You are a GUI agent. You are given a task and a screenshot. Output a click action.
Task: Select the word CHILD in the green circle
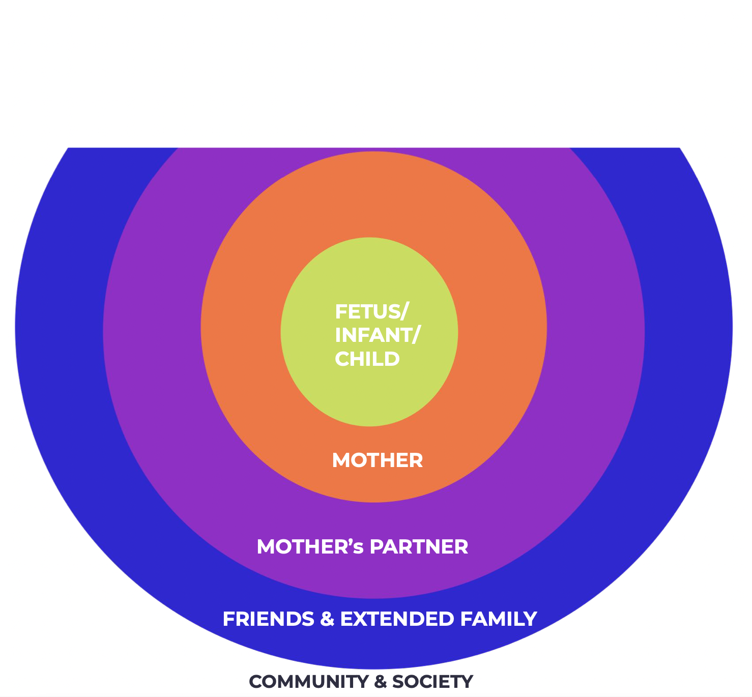coord(367,359)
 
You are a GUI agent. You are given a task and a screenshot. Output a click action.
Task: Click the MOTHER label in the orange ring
coord(377,460)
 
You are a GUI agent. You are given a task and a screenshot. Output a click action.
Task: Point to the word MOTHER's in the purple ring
coord(310,547)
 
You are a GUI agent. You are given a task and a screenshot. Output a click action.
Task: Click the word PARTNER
coord(419,547)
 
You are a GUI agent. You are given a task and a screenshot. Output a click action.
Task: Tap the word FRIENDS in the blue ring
coord(268,619)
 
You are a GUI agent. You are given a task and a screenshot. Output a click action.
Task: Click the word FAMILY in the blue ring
coord(499,619)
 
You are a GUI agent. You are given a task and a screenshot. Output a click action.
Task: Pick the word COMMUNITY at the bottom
coord(309,682)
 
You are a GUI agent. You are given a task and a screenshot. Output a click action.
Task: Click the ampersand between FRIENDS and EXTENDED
coord(327,619)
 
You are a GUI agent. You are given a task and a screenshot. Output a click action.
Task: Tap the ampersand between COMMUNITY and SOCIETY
coord(380,682)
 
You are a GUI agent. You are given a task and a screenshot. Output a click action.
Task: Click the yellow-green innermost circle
coord(369,397)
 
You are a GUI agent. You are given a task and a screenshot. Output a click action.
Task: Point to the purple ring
coord(153,331)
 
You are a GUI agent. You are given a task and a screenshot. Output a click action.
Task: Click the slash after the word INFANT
coord(416,335)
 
